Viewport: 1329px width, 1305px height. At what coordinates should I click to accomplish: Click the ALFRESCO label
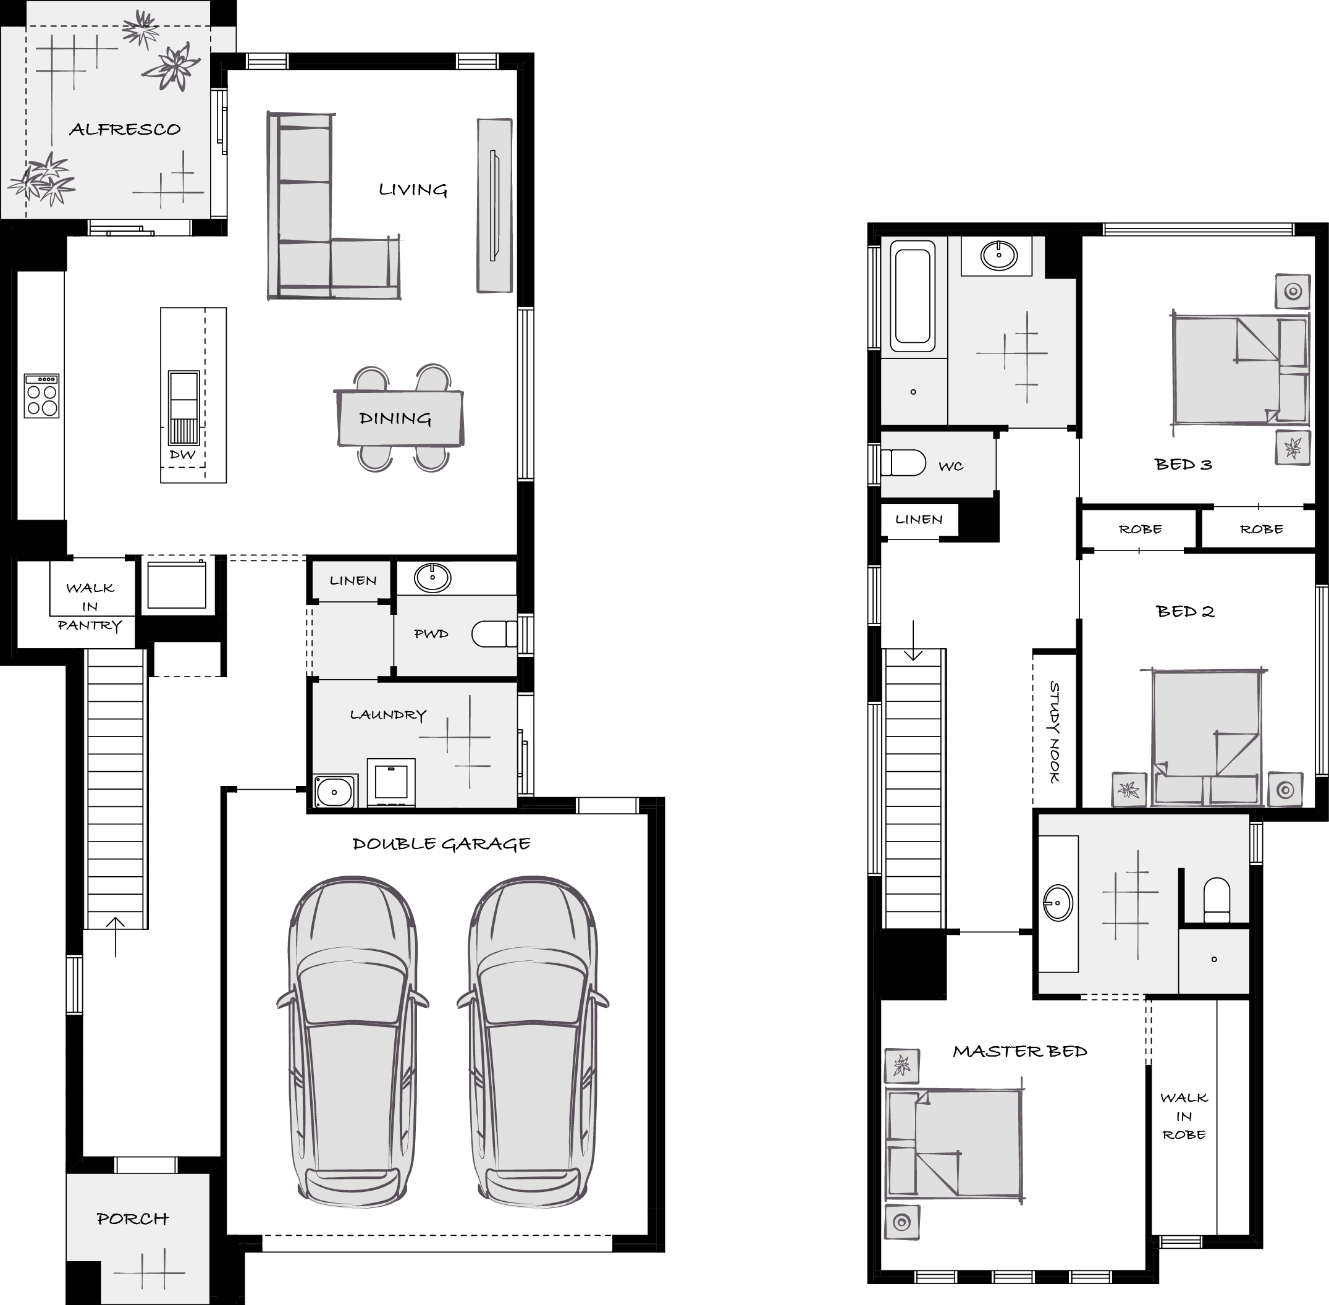coord(125,129)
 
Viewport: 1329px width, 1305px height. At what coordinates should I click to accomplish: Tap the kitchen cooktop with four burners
coord(42,395)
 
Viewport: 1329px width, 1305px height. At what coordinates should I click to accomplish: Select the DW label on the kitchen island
coord(182,454)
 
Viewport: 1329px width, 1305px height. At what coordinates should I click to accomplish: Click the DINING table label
coord(395,418)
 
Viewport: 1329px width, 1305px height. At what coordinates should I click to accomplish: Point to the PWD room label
coord(431,634)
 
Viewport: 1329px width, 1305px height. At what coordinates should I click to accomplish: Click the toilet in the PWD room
coord(494,634)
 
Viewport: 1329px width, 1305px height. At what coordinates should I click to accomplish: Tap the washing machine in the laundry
coord(390,782)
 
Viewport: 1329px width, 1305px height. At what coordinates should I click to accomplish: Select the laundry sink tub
coord(334,791)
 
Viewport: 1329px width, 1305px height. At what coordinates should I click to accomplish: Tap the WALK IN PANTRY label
coord(90,607)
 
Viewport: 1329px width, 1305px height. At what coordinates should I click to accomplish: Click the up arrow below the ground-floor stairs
coord(115,937)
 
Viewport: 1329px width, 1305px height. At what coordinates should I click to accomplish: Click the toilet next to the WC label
coord(903,462)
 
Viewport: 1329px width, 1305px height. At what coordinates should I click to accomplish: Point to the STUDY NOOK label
coord(1054,732)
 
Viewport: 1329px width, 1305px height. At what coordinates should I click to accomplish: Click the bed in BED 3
coord(1240,369)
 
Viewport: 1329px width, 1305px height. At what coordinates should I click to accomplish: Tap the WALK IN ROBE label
coord(1184,1117)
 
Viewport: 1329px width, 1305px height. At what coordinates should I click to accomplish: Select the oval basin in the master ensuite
coord(1058,903)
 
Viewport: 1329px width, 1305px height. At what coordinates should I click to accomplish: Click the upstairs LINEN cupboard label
coord(919,520)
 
